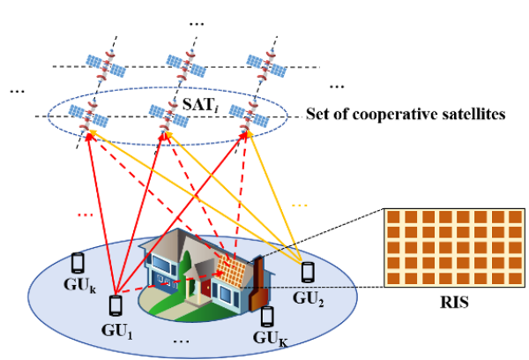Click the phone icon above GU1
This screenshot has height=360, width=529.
pos(115,305)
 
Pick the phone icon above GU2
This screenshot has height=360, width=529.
pos(308,272)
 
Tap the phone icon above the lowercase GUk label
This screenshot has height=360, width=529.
pos(78,262)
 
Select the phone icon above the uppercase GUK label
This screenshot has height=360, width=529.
pos(267,316)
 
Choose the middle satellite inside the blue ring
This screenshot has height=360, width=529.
pos(168,115)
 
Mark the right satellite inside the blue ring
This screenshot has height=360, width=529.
pos(249,115)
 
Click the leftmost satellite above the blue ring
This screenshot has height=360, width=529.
pos(106,65)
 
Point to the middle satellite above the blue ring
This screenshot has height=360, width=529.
pos(186,65)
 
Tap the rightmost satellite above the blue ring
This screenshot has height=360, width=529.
pos(266,65)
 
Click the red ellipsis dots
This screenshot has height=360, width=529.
pos(85,214)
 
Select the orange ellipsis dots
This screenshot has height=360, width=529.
pos(300,205)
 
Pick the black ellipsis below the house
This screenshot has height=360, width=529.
pos(182,340)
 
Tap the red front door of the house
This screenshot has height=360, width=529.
pos(205,288)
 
